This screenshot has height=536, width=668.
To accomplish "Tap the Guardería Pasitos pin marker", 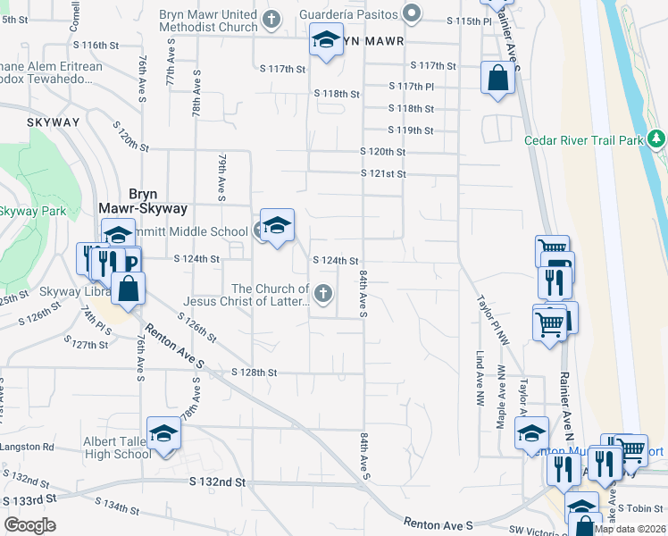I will click(412, 13).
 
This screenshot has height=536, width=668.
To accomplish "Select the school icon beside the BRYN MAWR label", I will click(326, 39).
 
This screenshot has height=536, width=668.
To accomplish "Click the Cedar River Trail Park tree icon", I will click(657, 139).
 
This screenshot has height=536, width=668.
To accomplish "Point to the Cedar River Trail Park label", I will click(583, 140).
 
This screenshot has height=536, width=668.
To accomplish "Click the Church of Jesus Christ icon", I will click(324, 292).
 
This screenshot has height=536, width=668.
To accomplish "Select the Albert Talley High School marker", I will click(163, 434).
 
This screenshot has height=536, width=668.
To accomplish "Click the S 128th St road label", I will click(255, 372).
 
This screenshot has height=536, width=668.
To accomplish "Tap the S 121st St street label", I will click(383, 173).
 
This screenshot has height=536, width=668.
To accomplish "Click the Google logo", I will click(29, 525).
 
